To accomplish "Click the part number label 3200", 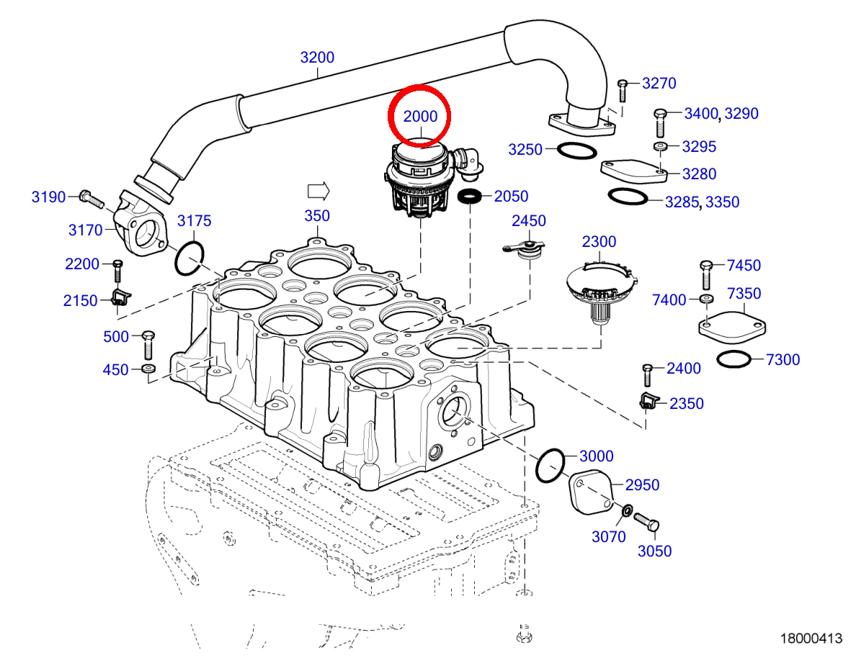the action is point(317,57).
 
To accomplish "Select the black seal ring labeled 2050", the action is point(470,196).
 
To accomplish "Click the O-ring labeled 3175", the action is point(190,258).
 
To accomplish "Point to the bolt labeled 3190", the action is point(92,199).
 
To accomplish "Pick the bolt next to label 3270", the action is point(623,91).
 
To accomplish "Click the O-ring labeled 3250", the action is point(577,150).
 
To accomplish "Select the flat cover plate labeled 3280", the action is point(633,171).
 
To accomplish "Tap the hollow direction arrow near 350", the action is point(318,191).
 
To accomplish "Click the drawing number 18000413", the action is point(811,639).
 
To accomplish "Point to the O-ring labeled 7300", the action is point(734,359).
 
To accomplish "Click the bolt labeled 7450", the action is point(705,275).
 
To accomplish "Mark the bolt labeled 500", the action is point(148,345).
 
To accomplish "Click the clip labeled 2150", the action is point(120,297).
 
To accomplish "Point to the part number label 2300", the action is point(600,242).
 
